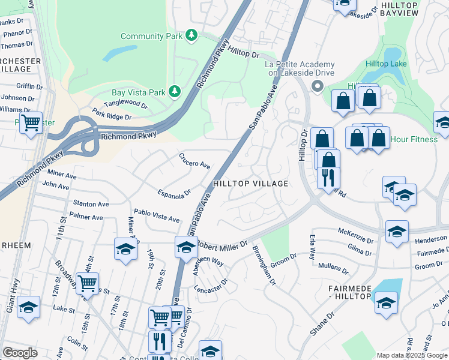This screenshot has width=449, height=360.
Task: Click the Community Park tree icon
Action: coord(191,36)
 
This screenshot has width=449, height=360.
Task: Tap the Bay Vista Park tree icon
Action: coord(175,92)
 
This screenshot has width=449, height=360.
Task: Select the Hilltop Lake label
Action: coord(387,64)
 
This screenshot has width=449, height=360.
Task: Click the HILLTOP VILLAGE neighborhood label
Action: coord(249,184)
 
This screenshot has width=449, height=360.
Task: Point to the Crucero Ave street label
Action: coord(194,161)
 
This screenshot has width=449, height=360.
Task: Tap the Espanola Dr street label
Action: coord(175,193)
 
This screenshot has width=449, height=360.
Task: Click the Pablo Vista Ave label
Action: coord(157,215)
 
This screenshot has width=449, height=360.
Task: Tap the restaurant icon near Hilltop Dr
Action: coord(328,177)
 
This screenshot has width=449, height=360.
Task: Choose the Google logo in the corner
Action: coord(20,353)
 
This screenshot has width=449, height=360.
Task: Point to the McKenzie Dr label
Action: coord(355,231)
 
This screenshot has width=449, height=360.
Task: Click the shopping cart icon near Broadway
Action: coord(87,282)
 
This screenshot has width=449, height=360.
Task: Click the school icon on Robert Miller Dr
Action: coord(186,246)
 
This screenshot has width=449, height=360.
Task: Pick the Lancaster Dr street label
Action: coord(211,285)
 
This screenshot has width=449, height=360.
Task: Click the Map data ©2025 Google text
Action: coord(411,355)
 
